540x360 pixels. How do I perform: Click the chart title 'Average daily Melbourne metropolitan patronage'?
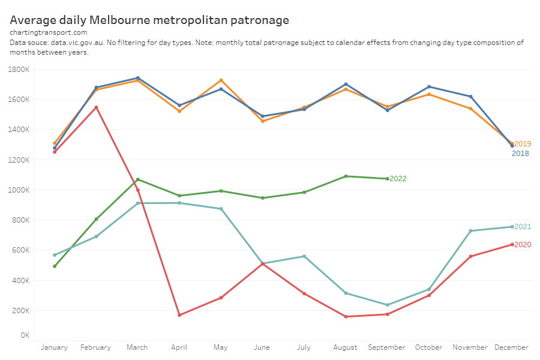pos(149,20)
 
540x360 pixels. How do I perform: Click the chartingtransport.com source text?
pos(49,32)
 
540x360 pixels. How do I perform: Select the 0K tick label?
pos(25,335)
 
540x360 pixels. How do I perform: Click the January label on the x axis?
pos(54,347)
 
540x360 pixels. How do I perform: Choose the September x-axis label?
pos(387,347)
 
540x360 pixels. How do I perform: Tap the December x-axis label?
pos(511,347)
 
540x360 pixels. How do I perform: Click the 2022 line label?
pos(398,179)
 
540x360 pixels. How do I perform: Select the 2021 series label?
pos(523,227)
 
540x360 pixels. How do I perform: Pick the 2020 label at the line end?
pos(523,245)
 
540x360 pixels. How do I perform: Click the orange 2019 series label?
pos(523,144)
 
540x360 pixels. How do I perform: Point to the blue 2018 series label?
pos(520,154)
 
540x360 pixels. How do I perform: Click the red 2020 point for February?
pos(96,107)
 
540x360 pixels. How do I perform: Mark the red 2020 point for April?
pos(179,315)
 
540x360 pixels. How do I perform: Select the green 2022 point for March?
pos(137,179)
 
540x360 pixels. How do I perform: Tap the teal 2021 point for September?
pos(387,305)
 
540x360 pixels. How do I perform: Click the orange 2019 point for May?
pos(221,80)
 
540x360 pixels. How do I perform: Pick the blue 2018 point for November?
pos(470,97)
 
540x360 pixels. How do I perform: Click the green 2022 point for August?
pos(346,176)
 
